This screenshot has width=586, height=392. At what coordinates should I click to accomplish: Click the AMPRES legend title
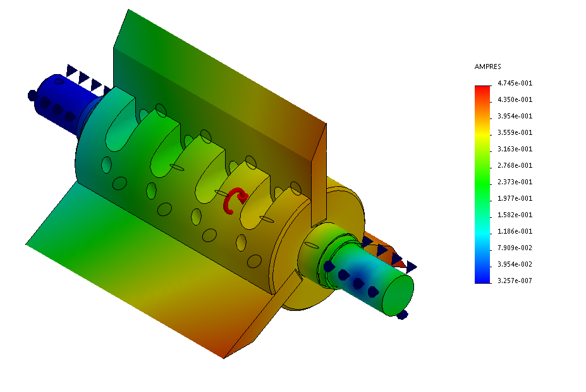point(487,66)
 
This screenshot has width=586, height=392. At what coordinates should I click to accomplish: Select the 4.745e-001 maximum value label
point(515,83)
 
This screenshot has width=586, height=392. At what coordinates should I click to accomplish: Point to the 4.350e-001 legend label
point(515,99)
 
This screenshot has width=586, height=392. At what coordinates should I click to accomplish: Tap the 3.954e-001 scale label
point(515,116)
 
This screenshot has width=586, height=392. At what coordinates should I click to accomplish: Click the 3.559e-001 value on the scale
point(515,132)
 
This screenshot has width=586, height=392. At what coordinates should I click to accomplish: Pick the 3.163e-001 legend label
point(515,149)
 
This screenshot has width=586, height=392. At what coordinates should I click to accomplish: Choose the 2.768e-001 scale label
point(515,165)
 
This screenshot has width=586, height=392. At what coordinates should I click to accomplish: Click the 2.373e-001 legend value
point(515,182)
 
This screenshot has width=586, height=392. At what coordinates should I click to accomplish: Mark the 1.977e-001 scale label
point(515,198)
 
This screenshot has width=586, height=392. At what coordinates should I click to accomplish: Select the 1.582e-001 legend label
point(515,215)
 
